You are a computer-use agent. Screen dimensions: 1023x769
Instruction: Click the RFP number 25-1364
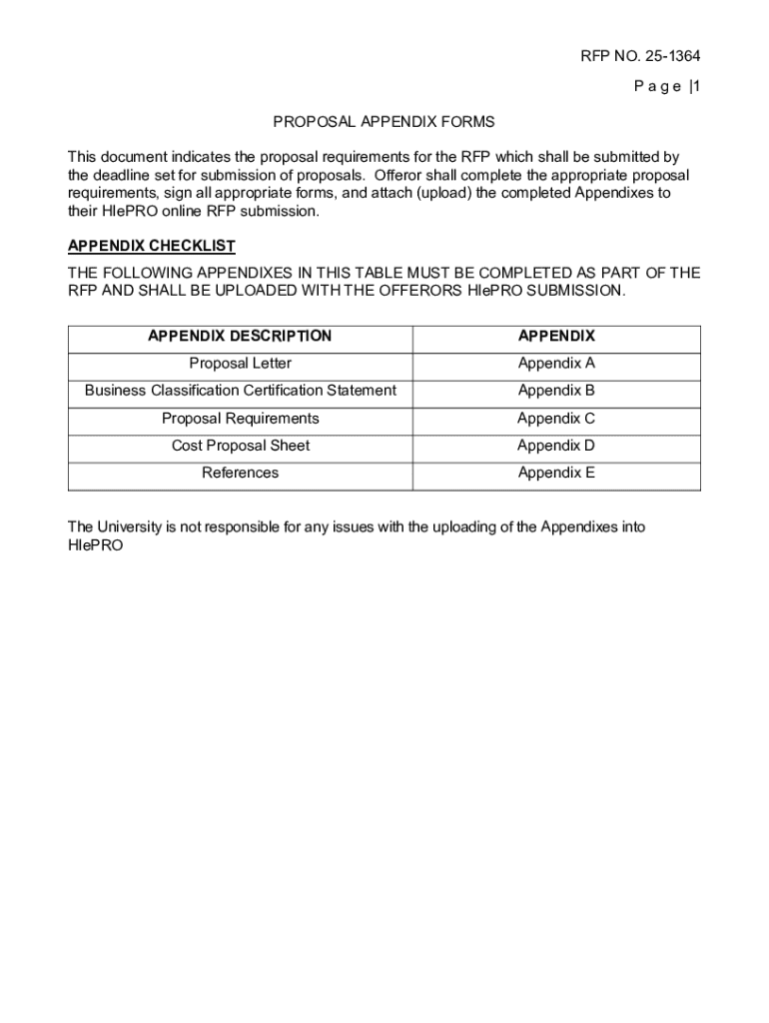click(x=665, y=56)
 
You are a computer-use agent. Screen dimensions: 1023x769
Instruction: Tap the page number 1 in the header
click(x=696, y=87)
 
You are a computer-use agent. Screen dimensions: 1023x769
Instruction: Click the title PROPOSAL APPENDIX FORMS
click(x=384, y=122)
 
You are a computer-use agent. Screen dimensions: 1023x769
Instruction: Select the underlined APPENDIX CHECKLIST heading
click(x=152, y=246)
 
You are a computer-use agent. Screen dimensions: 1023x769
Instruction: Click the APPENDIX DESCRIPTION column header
click(x=240, y=337)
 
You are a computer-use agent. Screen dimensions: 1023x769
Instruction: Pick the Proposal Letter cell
click(x=241, y=364)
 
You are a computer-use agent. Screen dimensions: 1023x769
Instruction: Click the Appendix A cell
click(x=556, y=364)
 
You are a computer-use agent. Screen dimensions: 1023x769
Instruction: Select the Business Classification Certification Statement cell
click(x=241, y=391)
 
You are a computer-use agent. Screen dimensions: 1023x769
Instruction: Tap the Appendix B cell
click(x=556, y=391)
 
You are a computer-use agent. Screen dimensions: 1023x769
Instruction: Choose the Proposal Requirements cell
click(x=241, y=419)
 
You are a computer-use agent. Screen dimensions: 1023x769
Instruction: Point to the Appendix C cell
click(x=556, y=419)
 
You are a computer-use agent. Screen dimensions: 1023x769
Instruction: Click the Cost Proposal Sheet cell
click(x=241, y=446)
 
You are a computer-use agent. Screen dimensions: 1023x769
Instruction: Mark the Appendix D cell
click(x=556, y=446)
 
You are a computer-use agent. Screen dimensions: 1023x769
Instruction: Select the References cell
click(x=241, y=473)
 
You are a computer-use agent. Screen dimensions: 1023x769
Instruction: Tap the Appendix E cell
click(x=556, y=473)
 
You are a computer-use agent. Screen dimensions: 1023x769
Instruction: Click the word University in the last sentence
click(x=131, y=526)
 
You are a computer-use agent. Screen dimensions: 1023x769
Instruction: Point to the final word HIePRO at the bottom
click(x=95, y=546)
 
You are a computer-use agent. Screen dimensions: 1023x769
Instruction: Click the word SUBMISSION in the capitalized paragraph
click(x=573, y=291)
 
